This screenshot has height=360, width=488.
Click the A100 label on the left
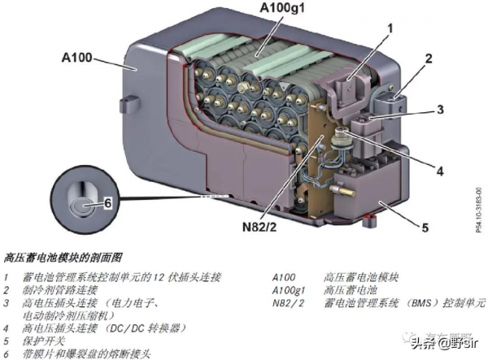(77, 58)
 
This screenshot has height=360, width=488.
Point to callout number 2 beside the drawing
(427, 60)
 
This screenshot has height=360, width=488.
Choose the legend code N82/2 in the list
(288, 302)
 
